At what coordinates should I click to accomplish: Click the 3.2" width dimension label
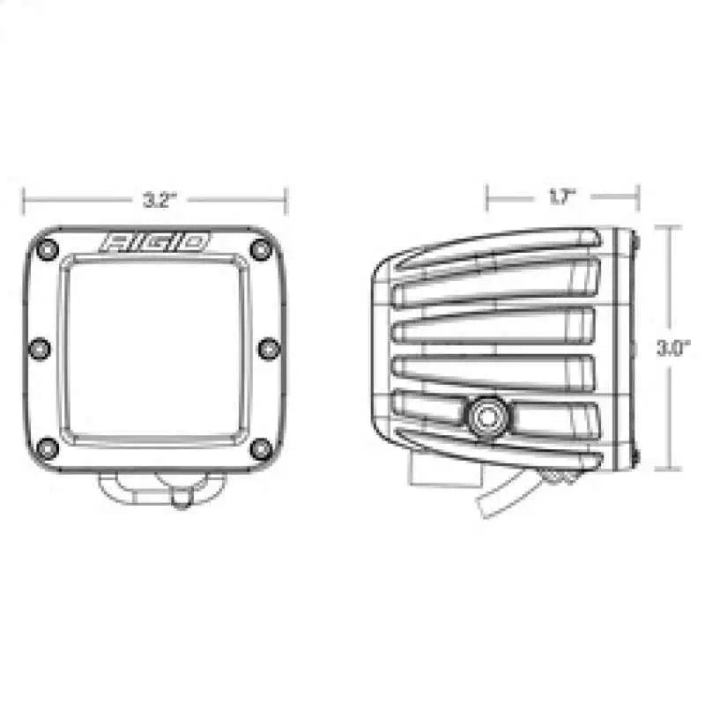tap(154, 200)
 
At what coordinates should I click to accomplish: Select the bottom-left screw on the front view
tap(49, 449)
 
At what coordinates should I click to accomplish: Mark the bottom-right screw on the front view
tap(258, 449)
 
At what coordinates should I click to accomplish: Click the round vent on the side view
tap(486, 412)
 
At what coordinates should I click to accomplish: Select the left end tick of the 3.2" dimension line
tap(24, 200)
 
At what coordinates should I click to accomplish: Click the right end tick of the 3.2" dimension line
tap(286, 200)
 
